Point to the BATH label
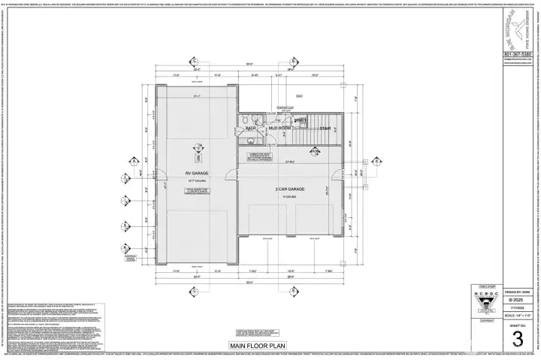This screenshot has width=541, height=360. click(251, 129)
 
